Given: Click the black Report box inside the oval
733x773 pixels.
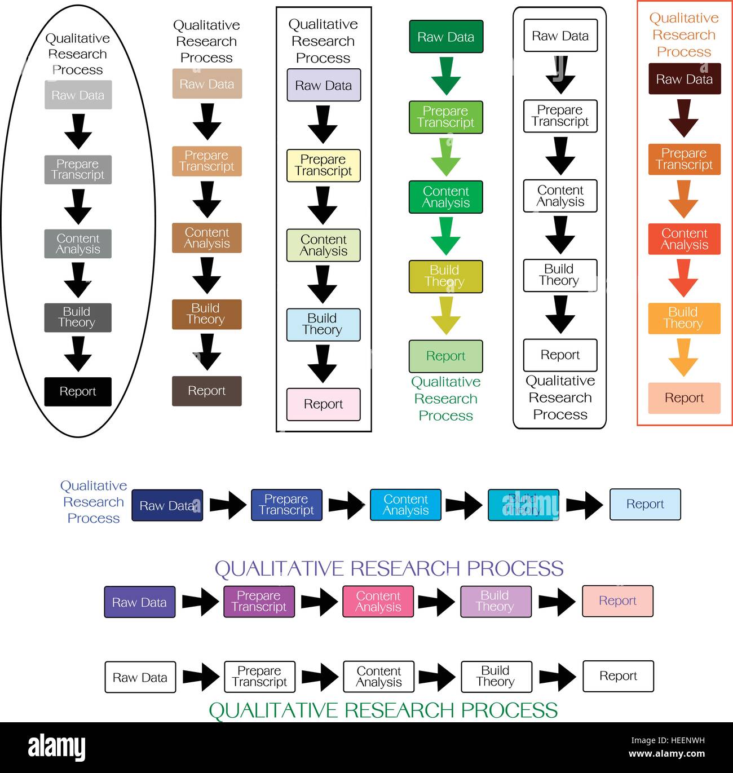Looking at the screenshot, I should coord(78,391).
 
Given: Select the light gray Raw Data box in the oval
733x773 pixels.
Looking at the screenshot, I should coord(78,95).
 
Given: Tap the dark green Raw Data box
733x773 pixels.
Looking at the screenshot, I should coord(445,37).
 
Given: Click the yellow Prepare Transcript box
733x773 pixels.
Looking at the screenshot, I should coord(323,165).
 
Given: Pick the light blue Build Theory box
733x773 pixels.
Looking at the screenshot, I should coord(323,324).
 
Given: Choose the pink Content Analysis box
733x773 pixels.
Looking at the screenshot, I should coord(378,601).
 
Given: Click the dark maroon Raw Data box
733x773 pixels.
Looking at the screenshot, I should coord(684,79).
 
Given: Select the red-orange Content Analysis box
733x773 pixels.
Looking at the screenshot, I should coord(684,239).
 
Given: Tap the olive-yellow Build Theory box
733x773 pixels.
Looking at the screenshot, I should coord(445,276).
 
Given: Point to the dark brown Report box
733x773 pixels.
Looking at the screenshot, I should coord(206,391).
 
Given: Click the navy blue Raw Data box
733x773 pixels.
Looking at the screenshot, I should coord(167,505).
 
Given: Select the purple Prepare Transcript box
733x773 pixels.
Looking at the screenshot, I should coord(259,601).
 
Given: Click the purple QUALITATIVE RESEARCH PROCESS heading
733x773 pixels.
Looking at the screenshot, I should coord(389,568).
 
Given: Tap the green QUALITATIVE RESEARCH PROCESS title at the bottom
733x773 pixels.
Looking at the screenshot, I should coord(383,710).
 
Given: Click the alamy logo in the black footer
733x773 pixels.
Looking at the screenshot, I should coord(56,748).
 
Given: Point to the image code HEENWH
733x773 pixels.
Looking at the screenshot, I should coord(683,741).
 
